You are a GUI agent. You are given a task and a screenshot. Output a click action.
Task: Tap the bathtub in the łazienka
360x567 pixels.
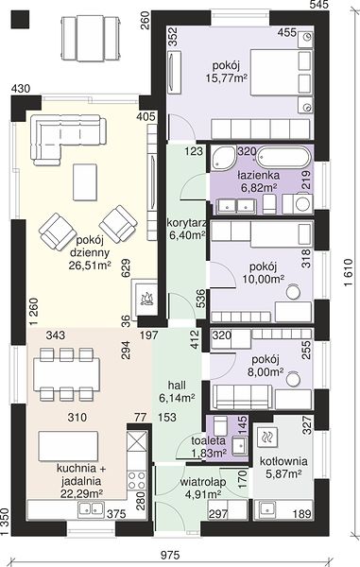coord(283,158)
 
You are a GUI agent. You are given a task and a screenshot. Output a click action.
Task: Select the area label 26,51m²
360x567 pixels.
coord(90,266)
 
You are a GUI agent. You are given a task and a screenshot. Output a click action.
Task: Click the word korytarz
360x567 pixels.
coord(186,222)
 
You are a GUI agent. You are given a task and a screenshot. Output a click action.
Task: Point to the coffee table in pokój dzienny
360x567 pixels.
coord(85,181)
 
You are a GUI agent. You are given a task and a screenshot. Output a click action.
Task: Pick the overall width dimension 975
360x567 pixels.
coord(169,555)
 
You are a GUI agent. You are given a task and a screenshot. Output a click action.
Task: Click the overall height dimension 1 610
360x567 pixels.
coord(348,273)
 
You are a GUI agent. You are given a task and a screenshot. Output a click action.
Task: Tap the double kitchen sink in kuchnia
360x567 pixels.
coord(91,508)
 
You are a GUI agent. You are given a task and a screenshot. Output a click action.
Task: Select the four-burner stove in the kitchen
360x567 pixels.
coord(137,480)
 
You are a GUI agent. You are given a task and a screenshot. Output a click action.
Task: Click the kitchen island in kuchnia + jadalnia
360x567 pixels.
coord(68,445)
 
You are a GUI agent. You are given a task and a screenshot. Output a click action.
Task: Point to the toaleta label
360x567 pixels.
coord(209,440)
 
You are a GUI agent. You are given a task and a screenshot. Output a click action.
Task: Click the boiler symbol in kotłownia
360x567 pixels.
coord(266,437)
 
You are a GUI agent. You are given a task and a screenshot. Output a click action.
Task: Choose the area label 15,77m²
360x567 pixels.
coord(227,77)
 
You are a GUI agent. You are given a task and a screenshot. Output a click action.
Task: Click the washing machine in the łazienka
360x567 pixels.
coord(302,204)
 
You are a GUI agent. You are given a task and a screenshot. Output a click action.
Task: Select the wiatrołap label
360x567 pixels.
coord(203,482)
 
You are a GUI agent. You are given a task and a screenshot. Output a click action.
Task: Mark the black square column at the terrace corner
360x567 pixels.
coord(20,19)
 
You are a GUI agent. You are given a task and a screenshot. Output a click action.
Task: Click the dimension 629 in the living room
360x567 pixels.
coord(126,268)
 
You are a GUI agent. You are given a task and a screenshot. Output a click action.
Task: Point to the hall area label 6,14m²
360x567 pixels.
coord(177,398)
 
